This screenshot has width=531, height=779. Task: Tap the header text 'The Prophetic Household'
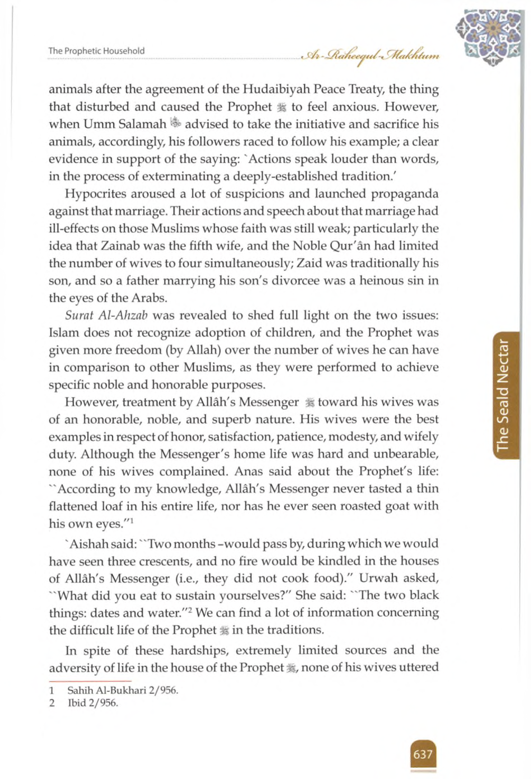pos(97,51)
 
